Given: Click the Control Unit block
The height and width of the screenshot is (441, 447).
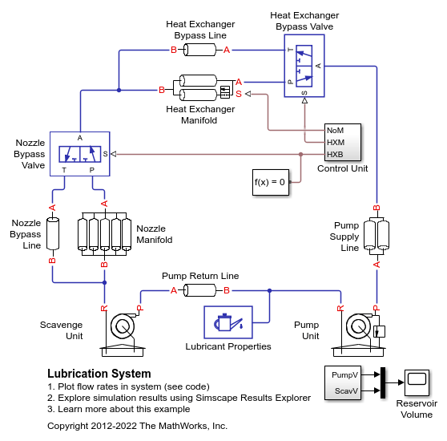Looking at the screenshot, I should (x=342, y=142).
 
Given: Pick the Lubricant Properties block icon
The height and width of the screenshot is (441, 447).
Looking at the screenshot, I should (x=228, y=323).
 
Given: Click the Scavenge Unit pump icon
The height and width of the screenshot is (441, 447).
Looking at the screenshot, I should (x=122, y=327).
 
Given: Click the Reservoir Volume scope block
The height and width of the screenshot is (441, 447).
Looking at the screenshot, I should (x=417, y=382).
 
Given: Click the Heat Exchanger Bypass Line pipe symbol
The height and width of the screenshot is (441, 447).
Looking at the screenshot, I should (x=200, y=51).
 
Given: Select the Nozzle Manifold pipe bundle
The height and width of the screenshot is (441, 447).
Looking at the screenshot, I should (x=103, y=233).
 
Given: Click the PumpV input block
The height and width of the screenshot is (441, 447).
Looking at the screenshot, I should (x=344, y=374).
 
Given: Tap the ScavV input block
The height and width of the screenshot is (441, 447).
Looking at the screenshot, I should (x=344, y=390).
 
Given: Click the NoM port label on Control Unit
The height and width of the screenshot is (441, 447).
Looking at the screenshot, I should (x=336, y=130).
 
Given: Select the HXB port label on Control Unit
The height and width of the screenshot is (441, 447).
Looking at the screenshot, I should (x=336, y=153).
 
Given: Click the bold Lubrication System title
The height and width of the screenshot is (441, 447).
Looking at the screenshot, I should (x=99, y=374).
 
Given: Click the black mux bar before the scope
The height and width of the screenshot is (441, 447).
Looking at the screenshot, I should (x=382, y=382).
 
